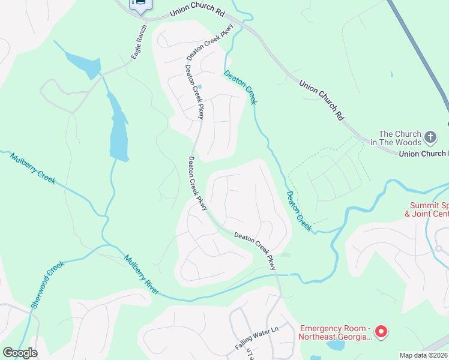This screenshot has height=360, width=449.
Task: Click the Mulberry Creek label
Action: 33,169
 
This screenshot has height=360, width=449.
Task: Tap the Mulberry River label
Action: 142,275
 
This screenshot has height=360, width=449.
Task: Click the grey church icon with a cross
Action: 430,138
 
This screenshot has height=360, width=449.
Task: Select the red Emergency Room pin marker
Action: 381,331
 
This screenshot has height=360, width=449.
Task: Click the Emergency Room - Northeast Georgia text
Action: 334,332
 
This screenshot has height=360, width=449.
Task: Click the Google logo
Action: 20,353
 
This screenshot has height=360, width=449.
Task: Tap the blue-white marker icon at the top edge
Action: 140,5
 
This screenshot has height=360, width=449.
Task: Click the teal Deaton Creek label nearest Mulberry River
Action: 299,211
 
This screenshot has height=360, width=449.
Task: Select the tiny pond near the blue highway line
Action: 391,74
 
